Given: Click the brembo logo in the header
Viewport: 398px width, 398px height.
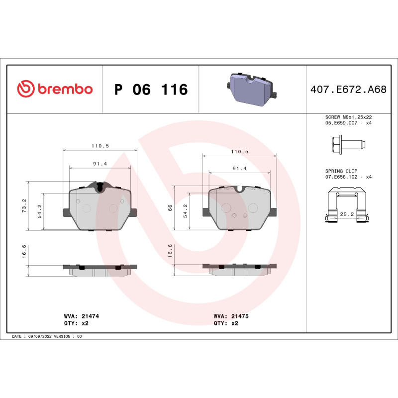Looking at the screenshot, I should click(55, 89).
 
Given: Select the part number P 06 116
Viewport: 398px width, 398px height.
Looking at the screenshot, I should click(151, 90).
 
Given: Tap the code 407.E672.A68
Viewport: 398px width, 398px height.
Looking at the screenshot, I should click(348, 90).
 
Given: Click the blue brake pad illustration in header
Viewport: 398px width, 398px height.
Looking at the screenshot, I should click(252, 89).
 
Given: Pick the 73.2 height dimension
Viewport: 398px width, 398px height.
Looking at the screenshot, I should click(24, 205).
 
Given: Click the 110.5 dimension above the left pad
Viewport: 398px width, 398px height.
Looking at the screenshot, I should click(99, 145).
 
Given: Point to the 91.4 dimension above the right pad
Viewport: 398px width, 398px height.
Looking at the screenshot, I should click(240, 169).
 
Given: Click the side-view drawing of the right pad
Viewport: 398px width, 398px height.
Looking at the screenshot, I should click(239, 269).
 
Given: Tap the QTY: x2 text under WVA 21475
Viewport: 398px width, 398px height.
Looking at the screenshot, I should click(226, 323).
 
